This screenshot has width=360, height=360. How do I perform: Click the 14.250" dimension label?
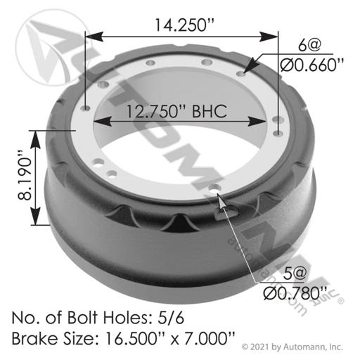coord(184,25)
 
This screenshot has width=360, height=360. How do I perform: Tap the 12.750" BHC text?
coord(177,111)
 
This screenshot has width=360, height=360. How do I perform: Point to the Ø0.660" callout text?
coord(312,65)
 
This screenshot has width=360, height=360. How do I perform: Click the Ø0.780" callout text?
coord(295,293)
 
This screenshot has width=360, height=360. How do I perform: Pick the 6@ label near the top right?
coord(309,45)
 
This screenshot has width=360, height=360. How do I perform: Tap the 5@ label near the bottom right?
coord(295,274)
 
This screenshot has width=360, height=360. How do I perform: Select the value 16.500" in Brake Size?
coord(131,338)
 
